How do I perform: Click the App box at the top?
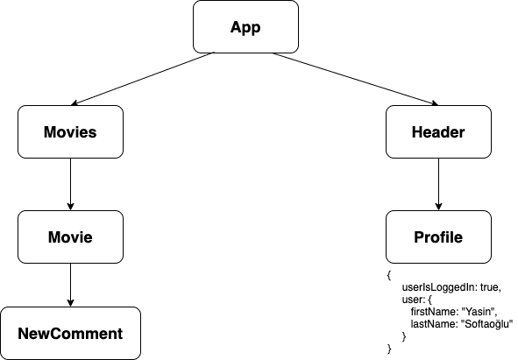click(x=245, y=27)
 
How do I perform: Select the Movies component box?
click(x=70, y=132)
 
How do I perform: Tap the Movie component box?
click(x=70, y=237)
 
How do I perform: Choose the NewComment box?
click(x=70, y=333)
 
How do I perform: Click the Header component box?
click(x=437, y=132)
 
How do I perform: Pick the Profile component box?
click(x=437, y=237)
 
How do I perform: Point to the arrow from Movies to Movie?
click(x=70, y=184)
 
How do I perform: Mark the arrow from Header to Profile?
click(x=437, y=184)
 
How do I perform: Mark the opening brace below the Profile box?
click(x=388, y=274)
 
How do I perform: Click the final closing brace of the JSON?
click(x=388, y=349)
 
